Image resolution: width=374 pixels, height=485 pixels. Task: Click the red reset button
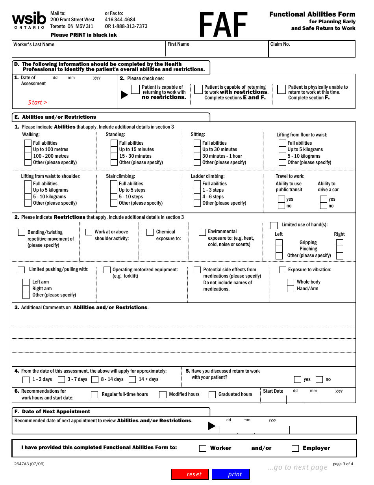[190, 474]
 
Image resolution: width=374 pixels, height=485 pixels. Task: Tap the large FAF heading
[223, 25]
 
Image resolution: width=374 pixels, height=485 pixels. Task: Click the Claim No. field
[312, 49]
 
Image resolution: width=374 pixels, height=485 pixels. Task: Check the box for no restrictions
[135, 90]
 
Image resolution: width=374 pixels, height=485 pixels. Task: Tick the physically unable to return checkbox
[281, 90]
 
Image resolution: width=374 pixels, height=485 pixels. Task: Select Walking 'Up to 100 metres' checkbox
[28, 149]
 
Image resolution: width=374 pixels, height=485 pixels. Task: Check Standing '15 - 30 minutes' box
[114, 156]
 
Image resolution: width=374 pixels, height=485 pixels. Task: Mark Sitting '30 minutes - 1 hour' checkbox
[197, 156]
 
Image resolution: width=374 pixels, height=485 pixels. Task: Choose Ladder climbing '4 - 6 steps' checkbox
[197, 197]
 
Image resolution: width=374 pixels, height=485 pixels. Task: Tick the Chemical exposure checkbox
[150, 232]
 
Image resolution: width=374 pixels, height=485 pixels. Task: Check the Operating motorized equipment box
[107, 270]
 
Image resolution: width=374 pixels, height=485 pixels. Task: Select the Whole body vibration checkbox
[291, 282]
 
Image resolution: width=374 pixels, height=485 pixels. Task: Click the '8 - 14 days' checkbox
[95, 380]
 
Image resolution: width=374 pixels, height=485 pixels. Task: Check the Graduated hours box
[212, 395]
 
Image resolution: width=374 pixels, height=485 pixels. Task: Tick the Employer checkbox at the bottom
[295, 448]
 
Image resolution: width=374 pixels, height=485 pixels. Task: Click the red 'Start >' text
[37, 103]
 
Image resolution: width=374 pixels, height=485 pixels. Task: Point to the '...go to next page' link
[297, 468]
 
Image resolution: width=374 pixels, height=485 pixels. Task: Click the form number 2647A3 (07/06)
[29, 464]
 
